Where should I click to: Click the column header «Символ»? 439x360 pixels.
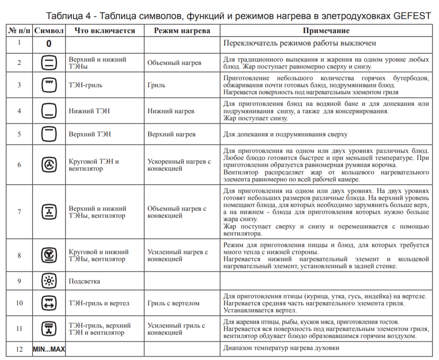click(x=49, y=31)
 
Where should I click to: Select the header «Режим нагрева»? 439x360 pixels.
click(x=182, y=31)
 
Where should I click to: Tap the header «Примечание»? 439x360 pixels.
click(x=326, y=31)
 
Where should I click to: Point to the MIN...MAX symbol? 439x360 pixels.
click(x=49, y=349)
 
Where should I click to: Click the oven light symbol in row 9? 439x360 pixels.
click(x=49, y=282)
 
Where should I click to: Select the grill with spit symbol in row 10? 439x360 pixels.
click(x=49, y=303)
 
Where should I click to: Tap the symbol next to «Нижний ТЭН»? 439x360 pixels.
click(x=49, y=111)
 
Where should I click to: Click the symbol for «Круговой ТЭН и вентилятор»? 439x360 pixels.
click(x=49, y=165)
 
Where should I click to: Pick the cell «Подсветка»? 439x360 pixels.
click(x=84, y=282)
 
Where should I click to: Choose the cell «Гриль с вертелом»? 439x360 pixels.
click(x=173, y=303)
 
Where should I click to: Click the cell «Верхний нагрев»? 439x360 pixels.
click(x=171, y=134)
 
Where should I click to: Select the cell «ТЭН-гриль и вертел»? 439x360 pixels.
click(x=99, y=303)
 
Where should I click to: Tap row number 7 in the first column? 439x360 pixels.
click(x=19, y=212)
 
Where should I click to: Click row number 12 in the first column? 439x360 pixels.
click(x=19, y=349)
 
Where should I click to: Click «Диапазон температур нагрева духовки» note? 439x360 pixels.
click(x=281, y=348)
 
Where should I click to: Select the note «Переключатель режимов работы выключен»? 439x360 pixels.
click(x=299, y=43)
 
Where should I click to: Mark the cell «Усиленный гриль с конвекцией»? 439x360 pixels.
click(x=176, y=329)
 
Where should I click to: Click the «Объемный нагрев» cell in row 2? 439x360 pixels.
click(x=174, y=63)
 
